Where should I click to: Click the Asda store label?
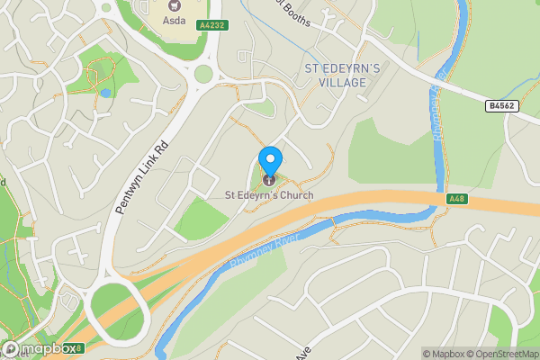[x=174, y=20]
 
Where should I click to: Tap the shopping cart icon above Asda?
[x=174, y=4]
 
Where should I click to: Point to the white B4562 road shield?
[x=502, y=106]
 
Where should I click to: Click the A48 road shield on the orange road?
[x=455, y=199]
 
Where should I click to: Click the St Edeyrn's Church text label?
[x=269, y=194]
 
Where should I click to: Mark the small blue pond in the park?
[x=106, y=92]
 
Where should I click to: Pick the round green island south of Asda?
[x=203, y=74]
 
